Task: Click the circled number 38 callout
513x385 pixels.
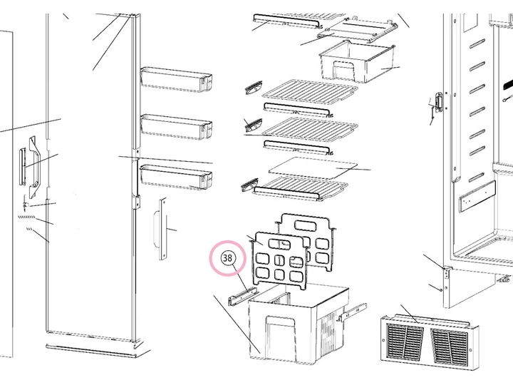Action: pyautogui.click(x=227, y=258)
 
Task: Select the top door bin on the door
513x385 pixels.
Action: pyautogui.click(x=176, y=79)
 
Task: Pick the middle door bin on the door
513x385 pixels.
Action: pyautogui.click(x=176, y=127)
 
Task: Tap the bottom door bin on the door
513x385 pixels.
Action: pyautogui.click(x=176, y=177)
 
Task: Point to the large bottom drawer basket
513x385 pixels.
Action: pyautogui.click(x=298, y=324)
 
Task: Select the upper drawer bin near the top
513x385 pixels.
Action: pyautogui.click(x=357, y=62)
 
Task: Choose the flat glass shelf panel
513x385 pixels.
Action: pyautogui.click(x=313, y=168)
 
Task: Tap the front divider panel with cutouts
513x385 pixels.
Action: pyautogui.click(x=279, y=261)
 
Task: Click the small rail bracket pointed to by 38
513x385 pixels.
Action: pyautogui.click(x=243, y=296)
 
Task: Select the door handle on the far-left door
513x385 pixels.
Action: pyautogui.click(x=34, y=168)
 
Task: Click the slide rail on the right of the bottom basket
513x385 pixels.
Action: pyautogui.click(x=353, y=312)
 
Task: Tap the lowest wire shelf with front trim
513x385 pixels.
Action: pyautogui.click(x=299, y=188)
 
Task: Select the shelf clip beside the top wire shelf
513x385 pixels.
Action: pyautogui.click(x=254, y=87)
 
